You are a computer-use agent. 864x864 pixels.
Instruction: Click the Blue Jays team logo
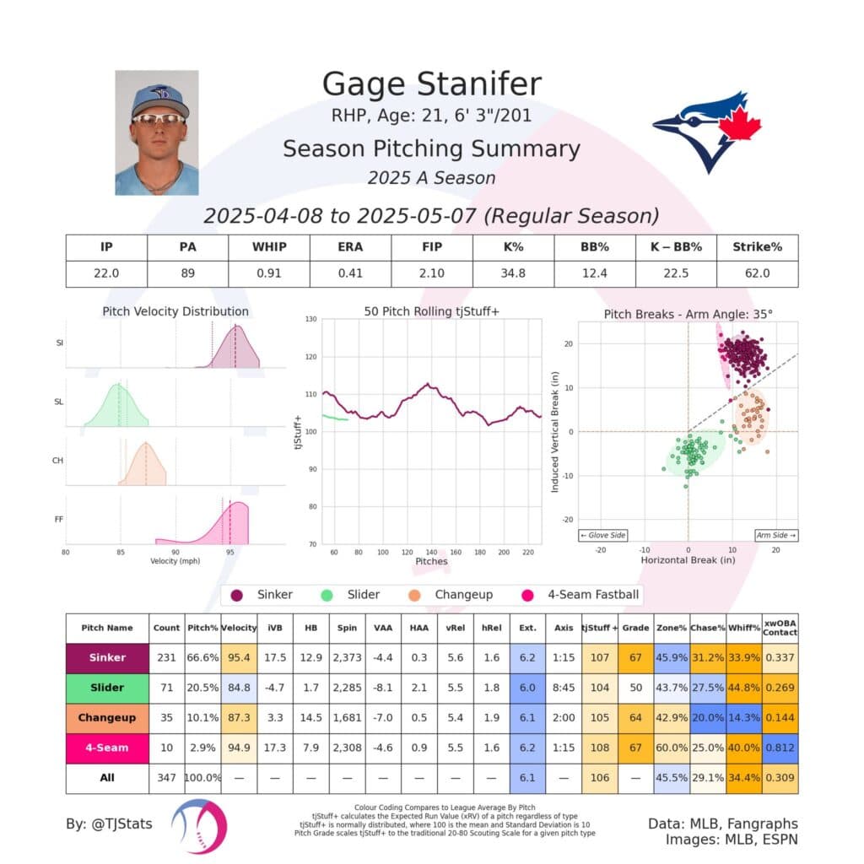point(707,130)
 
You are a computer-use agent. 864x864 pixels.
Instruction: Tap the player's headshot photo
point(156,132)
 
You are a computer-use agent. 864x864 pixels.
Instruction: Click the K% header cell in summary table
point(512,247)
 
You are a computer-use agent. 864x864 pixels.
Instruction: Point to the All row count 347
point(166,777)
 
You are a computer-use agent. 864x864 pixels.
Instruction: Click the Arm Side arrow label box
point(775,535)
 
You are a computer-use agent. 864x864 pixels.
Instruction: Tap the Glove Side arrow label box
point(601,535)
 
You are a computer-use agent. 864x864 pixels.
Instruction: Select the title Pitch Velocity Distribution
point(175,311)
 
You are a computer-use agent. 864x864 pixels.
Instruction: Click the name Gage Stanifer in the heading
point(431,84)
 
